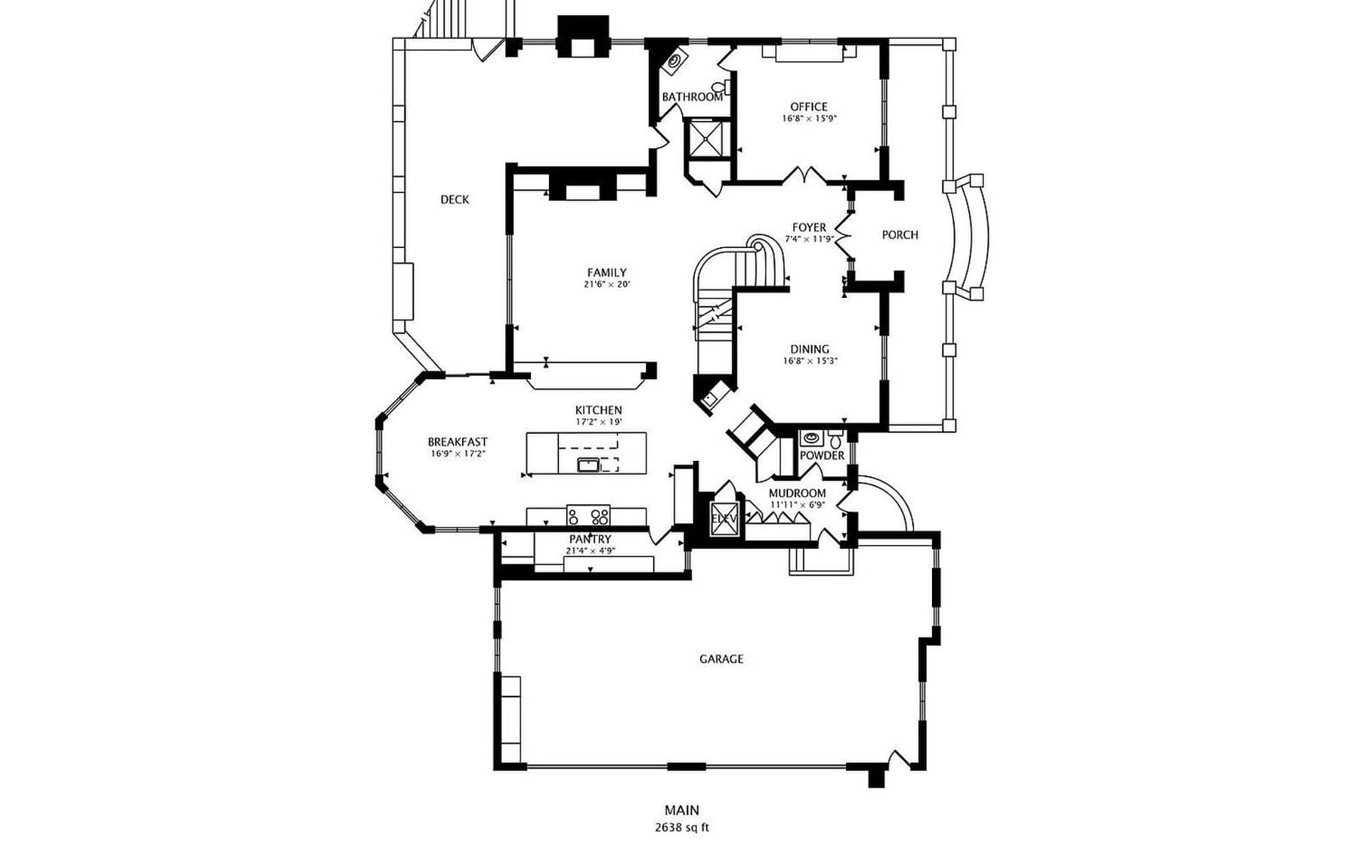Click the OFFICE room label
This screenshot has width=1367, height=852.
click(809, 107)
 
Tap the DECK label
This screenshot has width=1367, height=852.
click(455, 200)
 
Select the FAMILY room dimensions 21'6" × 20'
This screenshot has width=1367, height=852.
click(607, 284)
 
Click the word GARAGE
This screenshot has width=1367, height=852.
click(721, 659)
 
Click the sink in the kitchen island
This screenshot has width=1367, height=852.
click(588, 465)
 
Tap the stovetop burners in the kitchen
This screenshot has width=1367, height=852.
click(589, 516)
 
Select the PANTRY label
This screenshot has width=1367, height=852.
click(590, 539)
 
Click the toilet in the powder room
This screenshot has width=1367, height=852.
click(835, 440)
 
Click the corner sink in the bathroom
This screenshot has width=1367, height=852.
click(674, 62)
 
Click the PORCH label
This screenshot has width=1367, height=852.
click(900, 235)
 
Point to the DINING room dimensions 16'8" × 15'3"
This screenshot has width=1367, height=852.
click(810, 361)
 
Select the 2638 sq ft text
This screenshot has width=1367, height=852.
click(682, 828)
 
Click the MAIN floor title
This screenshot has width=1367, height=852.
click(682, 810)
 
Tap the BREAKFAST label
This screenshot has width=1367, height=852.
click(458, 442)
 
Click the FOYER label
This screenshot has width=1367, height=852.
click(810, 228)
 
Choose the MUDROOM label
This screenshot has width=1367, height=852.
click(797, 493)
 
